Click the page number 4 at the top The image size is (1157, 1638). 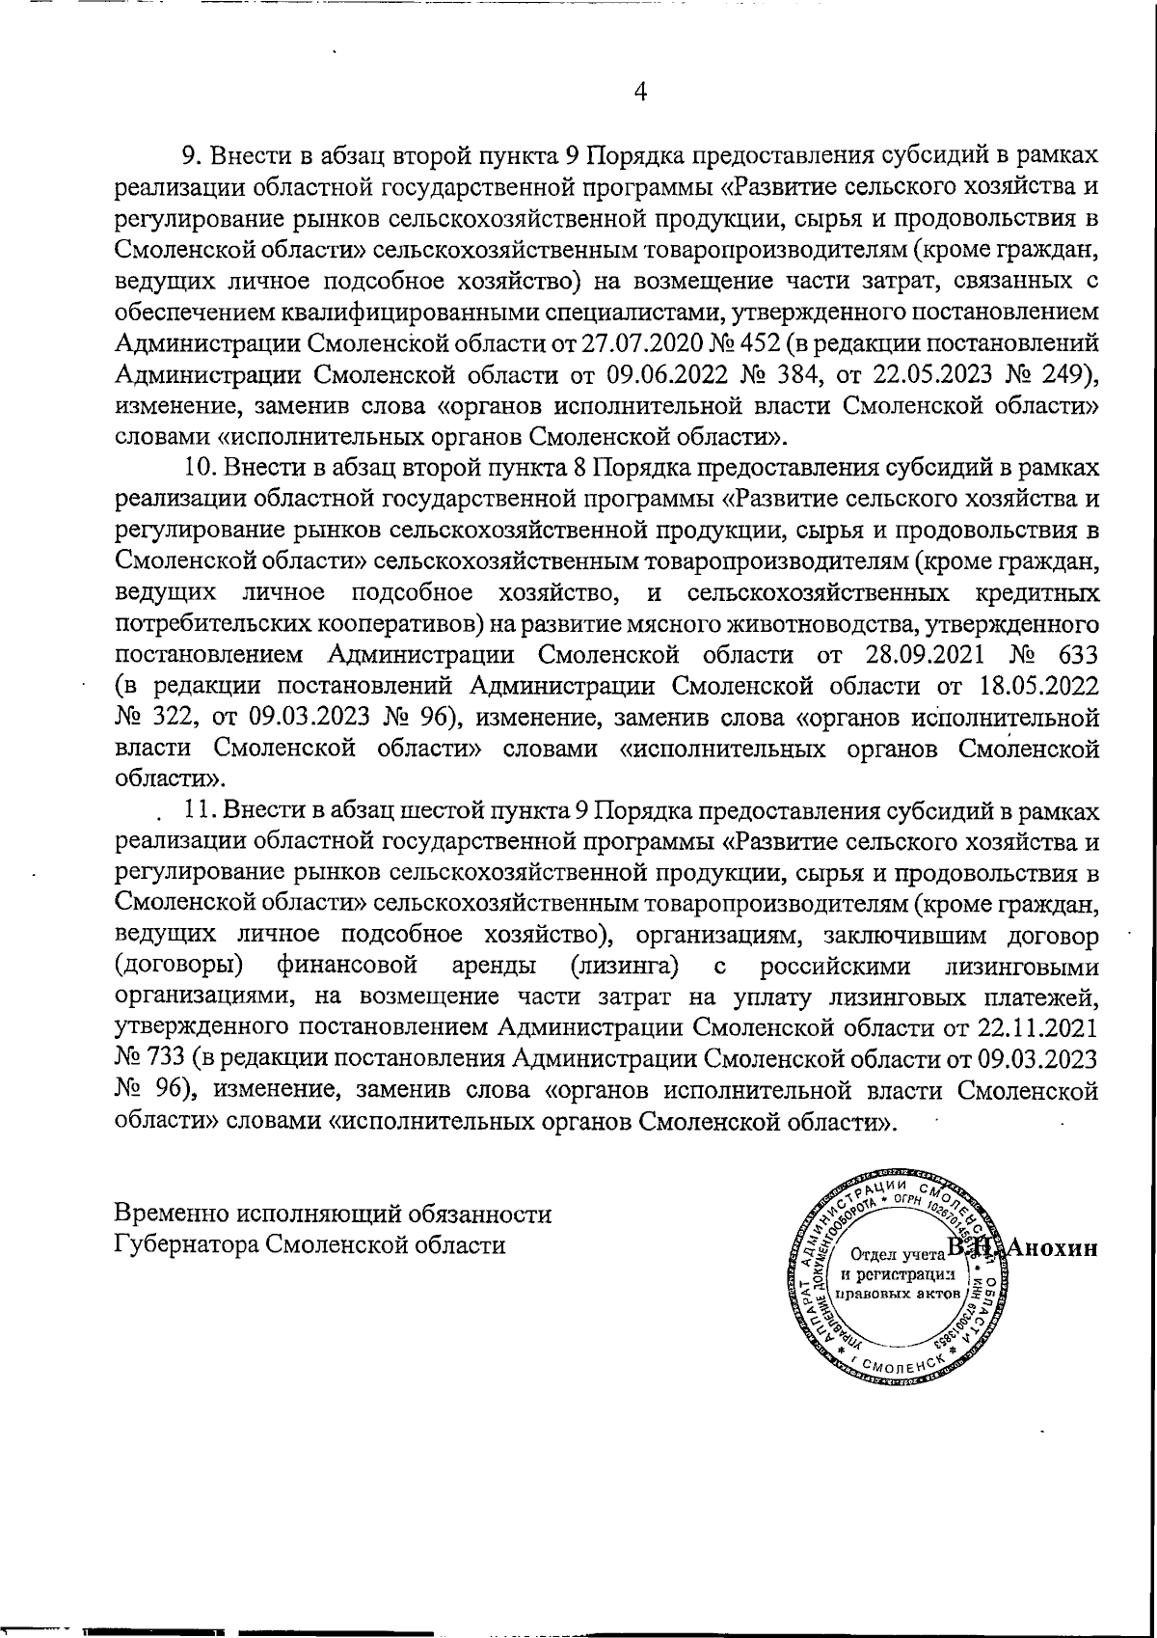click(x=639, y=92)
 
